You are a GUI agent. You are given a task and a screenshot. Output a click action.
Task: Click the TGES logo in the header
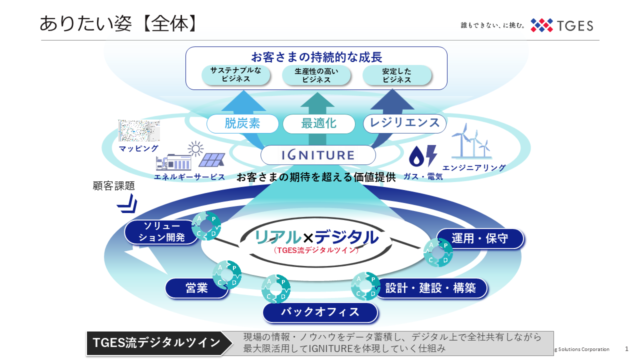coord(561,25)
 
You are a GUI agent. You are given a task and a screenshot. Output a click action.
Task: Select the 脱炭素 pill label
coord(242,123)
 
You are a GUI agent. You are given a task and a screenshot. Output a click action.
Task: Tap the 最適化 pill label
coord(318,123)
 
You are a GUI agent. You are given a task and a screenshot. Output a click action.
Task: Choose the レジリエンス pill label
coord(404,123)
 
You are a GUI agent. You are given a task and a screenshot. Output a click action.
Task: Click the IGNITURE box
coord(318,155)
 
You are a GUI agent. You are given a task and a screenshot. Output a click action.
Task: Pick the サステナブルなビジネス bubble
coord(236,75)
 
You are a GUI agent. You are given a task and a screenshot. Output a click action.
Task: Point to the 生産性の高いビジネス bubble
coord(316,75)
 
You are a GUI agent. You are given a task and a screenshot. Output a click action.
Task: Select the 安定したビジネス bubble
coord(396,75)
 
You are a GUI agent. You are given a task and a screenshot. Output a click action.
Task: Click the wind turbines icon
coord(471,141)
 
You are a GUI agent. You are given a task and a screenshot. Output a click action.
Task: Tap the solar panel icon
coord(211,160)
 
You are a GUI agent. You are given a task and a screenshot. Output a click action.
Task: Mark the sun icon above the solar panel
coord(195,148)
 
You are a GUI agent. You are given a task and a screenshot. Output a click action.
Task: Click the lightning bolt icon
coord(431,156)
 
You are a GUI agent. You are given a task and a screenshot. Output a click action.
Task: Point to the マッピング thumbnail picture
coord(138,131)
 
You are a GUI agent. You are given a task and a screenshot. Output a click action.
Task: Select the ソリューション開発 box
coord(161,232)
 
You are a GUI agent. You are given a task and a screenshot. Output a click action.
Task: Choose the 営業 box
coord(196,288)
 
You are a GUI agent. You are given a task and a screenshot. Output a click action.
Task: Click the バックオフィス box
coord(320,312)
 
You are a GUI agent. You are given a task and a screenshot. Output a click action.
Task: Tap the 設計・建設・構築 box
coord(430,288)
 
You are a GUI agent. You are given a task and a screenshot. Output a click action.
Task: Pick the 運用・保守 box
coord(479,238)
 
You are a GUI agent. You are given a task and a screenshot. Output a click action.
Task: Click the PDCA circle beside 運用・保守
coord(438,252)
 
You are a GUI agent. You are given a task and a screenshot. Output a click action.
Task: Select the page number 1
coord(626,349)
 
